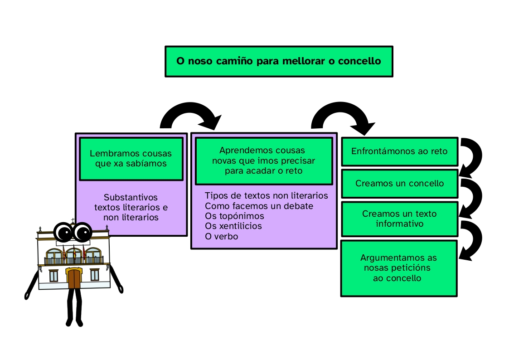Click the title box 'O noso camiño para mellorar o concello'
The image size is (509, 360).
pyautogui.click(x=278, y=61)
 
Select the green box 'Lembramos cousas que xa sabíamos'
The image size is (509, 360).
pyautogui.click(x=131, y=159)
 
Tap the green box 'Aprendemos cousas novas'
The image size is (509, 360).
pyautogui.click(x=263, y=161)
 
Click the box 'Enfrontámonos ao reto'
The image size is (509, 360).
pyautogui.click(x=399, y=151)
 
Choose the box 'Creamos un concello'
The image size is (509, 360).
pyautogui.click(x=399, y=184)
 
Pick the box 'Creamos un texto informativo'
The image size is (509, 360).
pyautogui.click(x=399, y=219)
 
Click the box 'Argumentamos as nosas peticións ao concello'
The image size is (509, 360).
pyautogui.click(x=398, y=268)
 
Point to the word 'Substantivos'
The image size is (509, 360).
pyautogui.click(x=131, y=198)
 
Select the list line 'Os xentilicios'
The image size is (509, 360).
pyautogui.click(x=233, y=226)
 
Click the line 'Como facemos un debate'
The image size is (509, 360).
pyautogui.click(x=259, y=206)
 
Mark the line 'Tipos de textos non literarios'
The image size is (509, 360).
pyautogui.click(x=266, y=196)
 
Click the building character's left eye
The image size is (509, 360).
pyautogui.click(x=63, y=233)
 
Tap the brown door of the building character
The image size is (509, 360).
pyautogui.click(x=73, y=278)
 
